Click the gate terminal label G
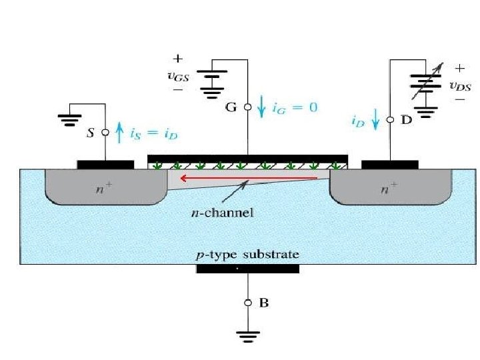231,107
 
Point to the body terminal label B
264,303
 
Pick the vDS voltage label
460,85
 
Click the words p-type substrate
247,255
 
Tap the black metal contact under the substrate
247,269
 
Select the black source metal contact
105,164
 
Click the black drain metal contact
389,164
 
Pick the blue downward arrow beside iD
375,120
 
